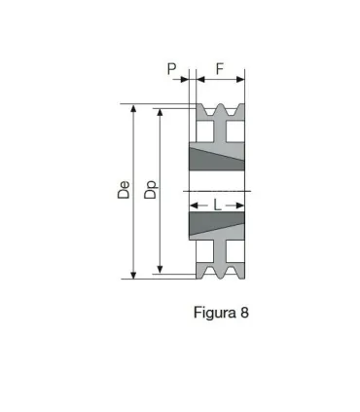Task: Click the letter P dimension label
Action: pos(171,69)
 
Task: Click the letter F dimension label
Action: pos(220,69)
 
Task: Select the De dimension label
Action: pos(124,190)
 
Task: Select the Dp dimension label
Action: pos(151,190)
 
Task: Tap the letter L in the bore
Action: pos(217,206)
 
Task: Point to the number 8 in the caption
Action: pos(244,314)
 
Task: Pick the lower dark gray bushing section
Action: pos(216,227)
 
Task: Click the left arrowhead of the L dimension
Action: pos(193,206)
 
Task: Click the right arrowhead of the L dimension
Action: pos(241,206)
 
